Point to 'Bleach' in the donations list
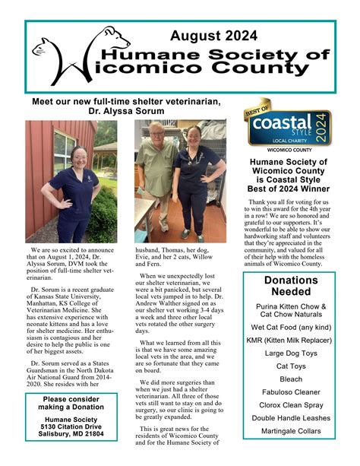coord(291,379)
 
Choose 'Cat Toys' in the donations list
coord(291,366)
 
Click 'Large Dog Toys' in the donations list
coord(291,353)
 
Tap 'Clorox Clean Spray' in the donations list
coord(291,405)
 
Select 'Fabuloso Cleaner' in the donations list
coord(291,392)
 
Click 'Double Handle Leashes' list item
coord(291,418)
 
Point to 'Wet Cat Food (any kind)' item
coord(291,327)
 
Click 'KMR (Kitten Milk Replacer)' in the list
coord(291,340)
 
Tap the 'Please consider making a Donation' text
coord(71,403)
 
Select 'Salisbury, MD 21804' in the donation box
coord(71,436)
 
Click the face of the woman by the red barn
coord(78,155)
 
